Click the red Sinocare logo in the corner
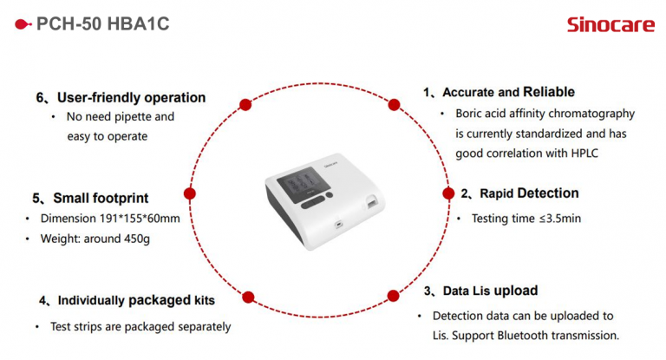(610, 24)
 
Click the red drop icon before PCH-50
(23, 24)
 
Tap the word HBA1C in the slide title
(139, 23)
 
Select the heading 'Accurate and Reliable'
(508, 92)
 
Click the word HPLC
(584, 153)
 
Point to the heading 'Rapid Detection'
(529, 193)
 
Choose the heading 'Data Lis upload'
(490, 291)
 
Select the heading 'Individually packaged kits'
(136, 300)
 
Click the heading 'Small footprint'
(101, 198)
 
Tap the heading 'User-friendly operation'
(131, 98)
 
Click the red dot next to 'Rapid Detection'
(448, 193)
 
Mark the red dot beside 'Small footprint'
(189, 193)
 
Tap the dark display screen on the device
(304, 184)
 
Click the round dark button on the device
(330, 195)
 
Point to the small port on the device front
(338, 224)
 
